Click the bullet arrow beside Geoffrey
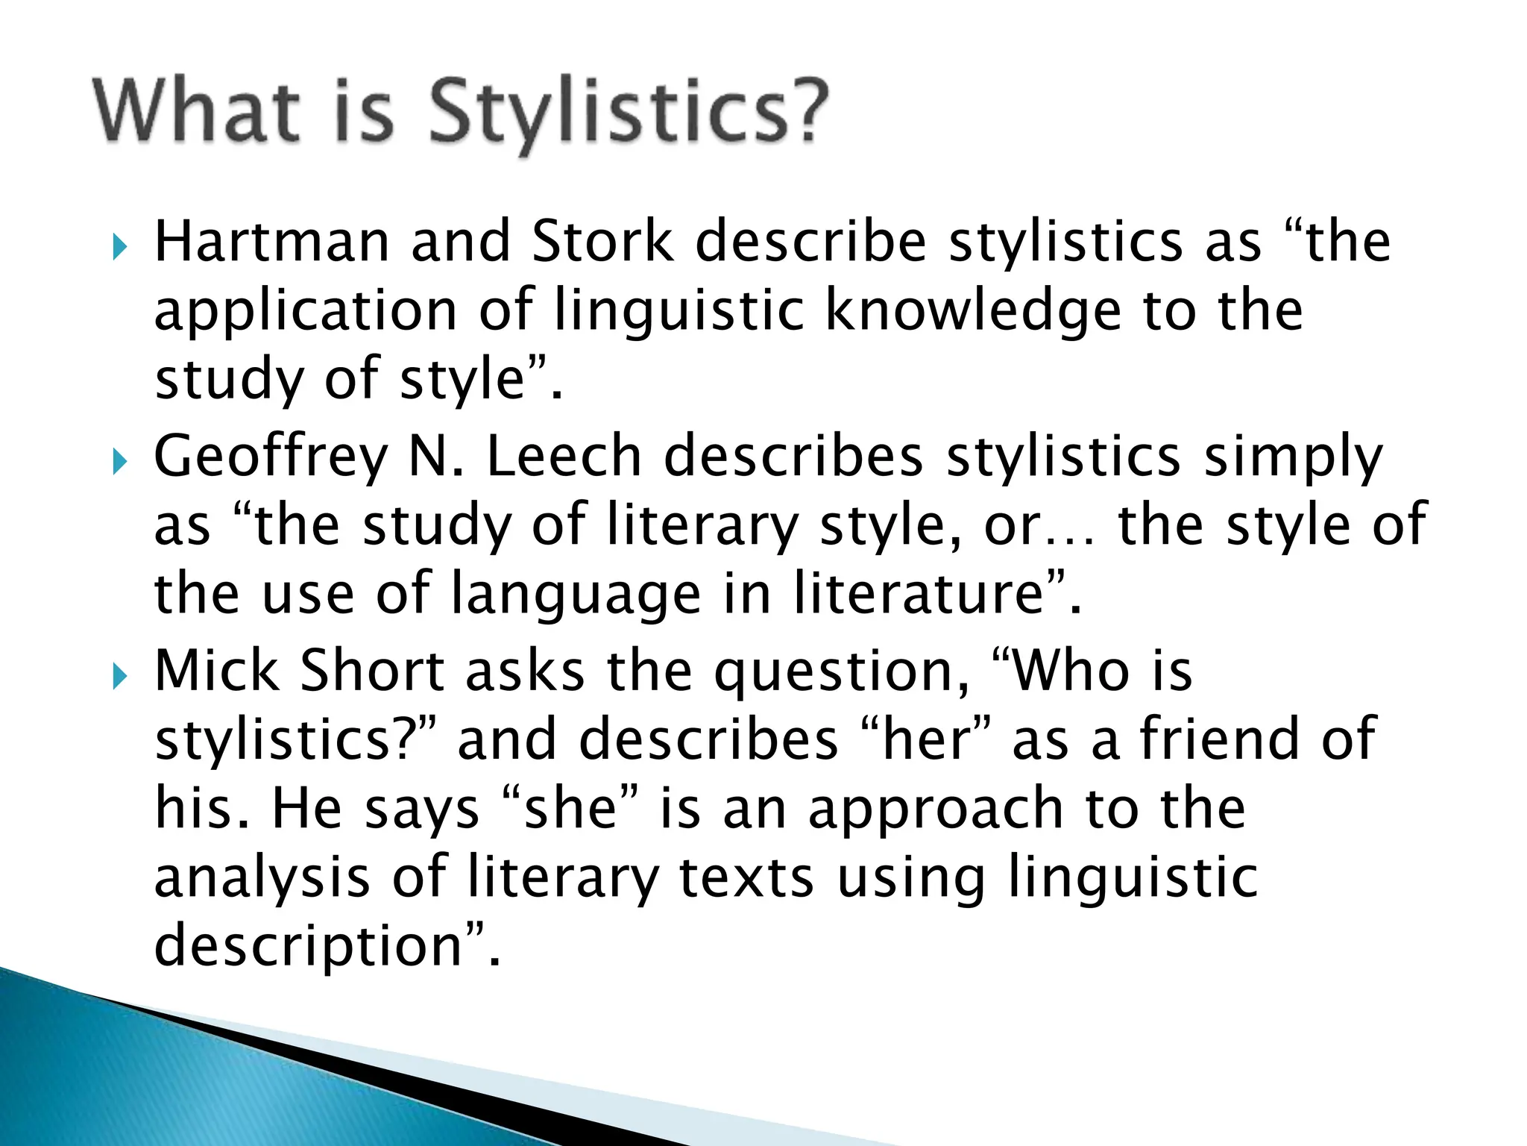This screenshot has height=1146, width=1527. (119, 463)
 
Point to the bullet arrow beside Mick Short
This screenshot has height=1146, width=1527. (119, 677)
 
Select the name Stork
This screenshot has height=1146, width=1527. (602, 242)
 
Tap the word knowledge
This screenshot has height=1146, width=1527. (972, 312)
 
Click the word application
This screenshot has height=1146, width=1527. (306, 312)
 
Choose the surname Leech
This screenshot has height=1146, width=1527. (564, 457)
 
